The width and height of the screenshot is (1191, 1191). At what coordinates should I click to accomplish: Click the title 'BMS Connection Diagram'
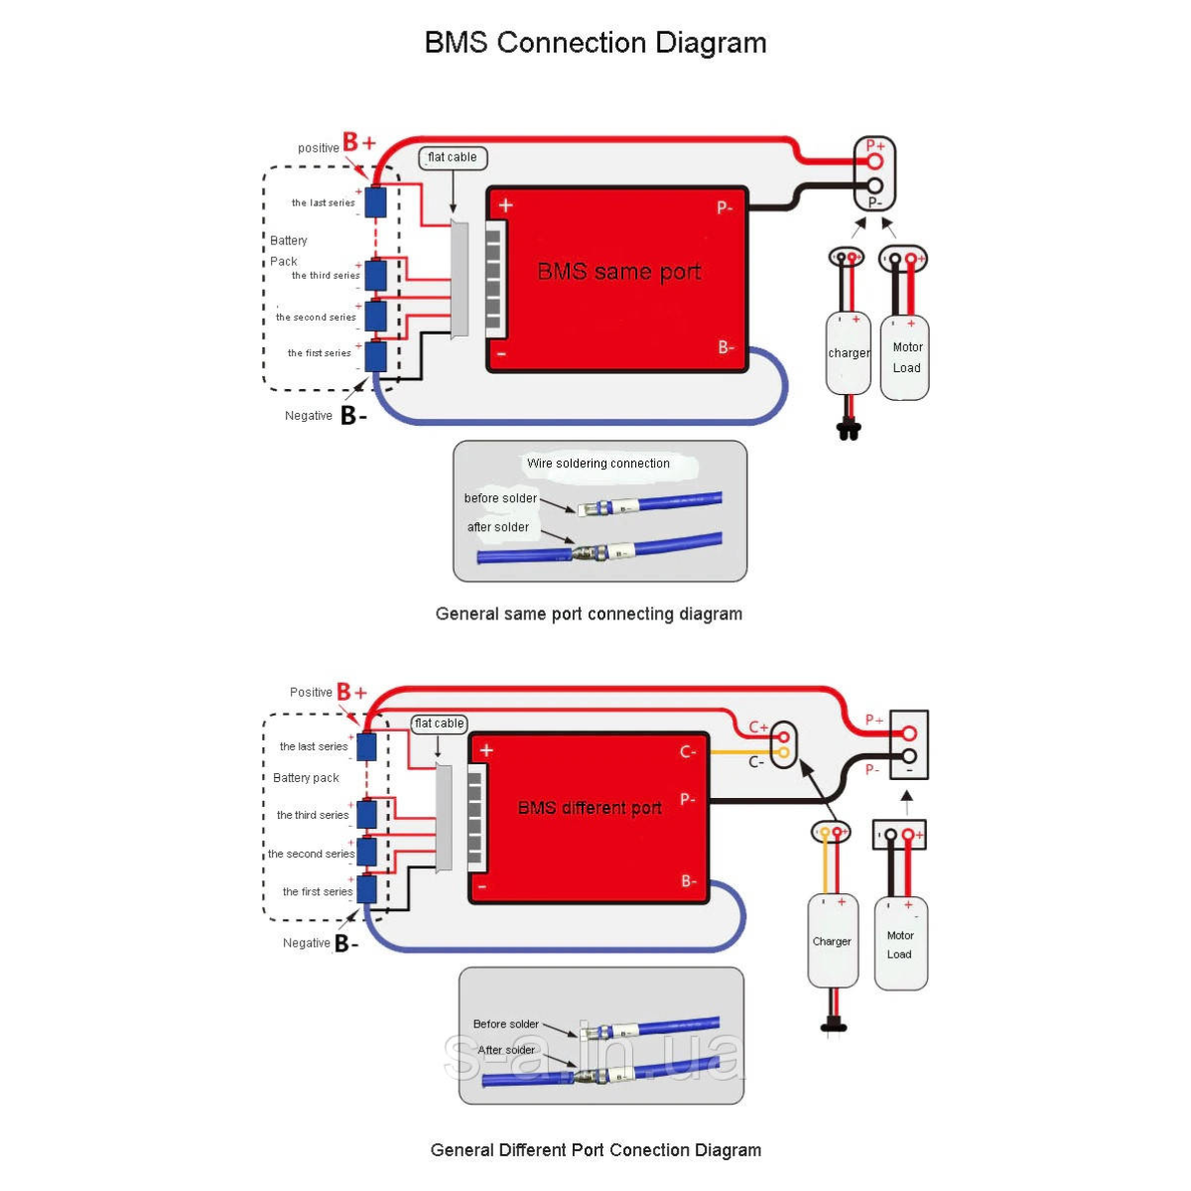(595, 43)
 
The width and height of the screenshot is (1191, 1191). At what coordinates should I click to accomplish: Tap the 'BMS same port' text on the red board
(619, 271)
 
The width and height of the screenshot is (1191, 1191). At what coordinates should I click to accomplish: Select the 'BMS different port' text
(590, 808)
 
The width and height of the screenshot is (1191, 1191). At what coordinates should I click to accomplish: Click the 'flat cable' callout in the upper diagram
(453, 158)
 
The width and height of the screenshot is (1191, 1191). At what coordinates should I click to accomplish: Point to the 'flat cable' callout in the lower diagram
(439, 724)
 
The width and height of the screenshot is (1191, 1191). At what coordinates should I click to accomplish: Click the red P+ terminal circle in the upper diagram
(874, 161)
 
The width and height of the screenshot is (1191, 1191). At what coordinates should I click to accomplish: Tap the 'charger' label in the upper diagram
(849, 353)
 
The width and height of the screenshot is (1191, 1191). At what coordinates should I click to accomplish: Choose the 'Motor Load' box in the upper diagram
(905, 357)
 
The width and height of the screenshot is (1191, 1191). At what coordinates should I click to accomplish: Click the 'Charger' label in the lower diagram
(832, 941)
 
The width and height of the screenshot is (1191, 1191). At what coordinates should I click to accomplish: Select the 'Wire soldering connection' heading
(598, 463)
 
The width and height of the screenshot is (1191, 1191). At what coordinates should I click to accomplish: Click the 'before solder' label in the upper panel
(500, 498)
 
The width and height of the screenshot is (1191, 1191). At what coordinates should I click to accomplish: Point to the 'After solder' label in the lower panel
(506, 1049)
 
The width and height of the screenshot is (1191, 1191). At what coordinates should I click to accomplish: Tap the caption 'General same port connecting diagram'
(589, 613)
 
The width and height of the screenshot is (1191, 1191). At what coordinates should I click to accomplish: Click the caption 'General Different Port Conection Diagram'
(595, 1150)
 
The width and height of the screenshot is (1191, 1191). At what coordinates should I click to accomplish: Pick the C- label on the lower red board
(688, 751)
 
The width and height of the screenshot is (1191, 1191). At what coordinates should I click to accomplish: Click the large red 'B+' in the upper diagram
(359, 143)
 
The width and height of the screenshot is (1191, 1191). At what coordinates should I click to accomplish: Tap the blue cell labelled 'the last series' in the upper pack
(375, 202)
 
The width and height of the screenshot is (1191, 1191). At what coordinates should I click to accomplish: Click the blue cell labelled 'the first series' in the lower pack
(367, 889)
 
